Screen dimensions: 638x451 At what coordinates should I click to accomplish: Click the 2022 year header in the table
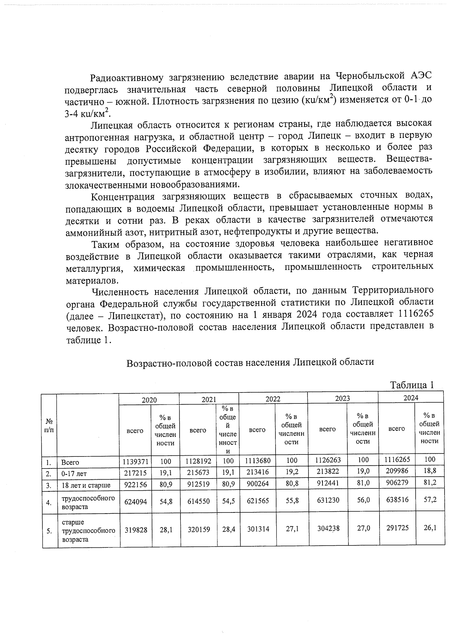273,399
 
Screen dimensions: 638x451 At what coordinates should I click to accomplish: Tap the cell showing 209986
397,471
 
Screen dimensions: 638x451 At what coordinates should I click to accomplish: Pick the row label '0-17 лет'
74,474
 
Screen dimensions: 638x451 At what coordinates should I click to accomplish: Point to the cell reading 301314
258,529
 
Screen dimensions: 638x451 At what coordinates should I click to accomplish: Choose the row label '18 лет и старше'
86,485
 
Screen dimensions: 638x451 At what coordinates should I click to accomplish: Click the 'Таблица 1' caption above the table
412,385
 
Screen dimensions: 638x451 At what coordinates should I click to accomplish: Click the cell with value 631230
328,501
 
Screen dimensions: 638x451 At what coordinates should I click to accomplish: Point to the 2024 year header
411,398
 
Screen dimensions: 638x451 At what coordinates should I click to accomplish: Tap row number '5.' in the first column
49,531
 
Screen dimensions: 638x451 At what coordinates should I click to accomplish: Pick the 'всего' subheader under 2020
135,430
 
